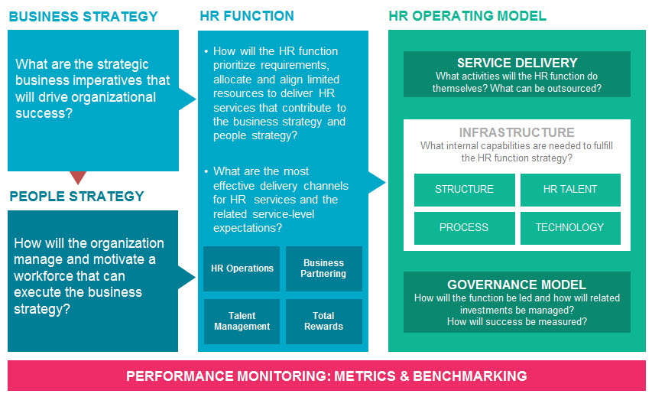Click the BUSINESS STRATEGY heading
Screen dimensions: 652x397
83,17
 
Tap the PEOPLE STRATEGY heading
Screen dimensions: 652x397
77,196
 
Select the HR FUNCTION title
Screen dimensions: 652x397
247,16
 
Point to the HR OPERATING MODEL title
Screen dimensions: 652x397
467,16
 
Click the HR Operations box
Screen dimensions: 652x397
242,268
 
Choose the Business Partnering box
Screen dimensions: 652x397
324,268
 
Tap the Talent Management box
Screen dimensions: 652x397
242,321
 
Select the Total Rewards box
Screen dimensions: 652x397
324,321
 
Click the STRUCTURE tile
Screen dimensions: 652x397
465,190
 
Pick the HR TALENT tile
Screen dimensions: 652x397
570,190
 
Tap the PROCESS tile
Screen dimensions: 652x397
465,228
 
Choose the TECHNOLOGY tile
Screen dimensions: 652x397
570,228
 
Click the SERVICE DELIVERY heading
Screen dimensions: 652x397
517,63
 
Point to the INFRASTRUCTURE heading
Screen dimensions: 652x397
517,132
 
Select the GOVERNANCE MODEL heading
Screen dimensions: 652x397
517,285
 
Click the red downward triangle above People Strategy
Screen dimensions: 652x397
78,177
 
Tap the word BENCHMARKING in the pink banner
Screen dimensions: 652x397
470,376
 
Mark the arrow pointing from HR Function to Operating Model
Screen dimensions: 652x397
377,182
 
